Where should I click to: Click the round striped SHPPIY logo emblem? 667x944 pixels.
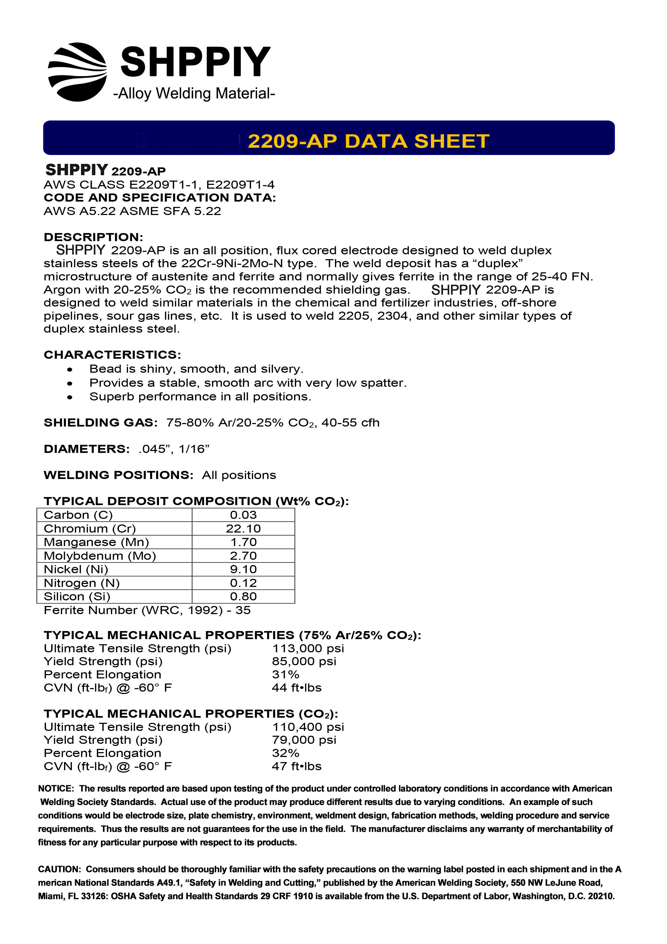click(x=77, y=72)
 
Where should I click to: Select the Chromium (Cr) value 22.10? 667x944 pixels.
click(x=243, y=528)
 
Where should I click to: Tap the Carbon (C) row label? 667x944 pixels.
click(x=78, y=515)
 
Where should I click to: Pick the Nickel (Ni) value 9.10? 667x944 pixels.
click(x=243, y=569)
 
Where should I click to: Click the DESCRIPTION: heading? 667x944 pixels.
click(x=93, y=237)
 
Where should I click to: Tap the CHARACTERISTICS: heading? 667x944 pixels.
click(x=112, y=355)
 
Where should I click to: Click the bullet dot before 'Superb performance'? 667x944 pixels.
click(x=70, y=397)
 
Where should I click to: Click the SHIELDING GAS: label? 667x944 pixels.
click(x=101, y=423)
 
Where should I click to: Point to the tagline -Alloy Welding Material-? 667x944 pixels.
click(x=194, y=93)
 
